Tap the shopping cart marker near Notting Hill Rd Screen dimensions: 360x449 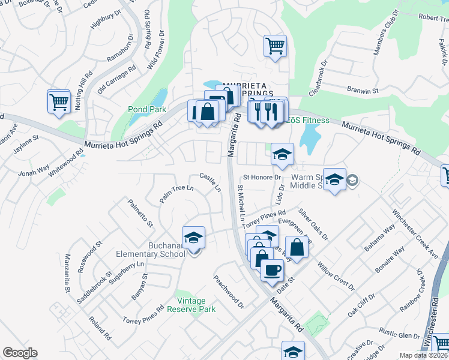pyautogui.click(x=59, y=101)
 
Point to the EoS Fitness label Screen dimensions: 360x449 pyautogui.click(x=308, y=121)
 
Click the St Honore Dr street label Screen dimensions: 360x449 pyautogui.click(x=262, y=178)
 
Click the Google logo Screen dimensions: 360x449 pyautogui.click(x=20, y=353)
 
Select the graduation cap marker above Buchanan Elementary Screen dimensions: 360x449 pyautogui.click(x=193, y=238)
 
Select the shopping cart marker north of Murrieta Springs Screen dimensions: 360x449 pyautogui.click(x=274, y=46)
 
